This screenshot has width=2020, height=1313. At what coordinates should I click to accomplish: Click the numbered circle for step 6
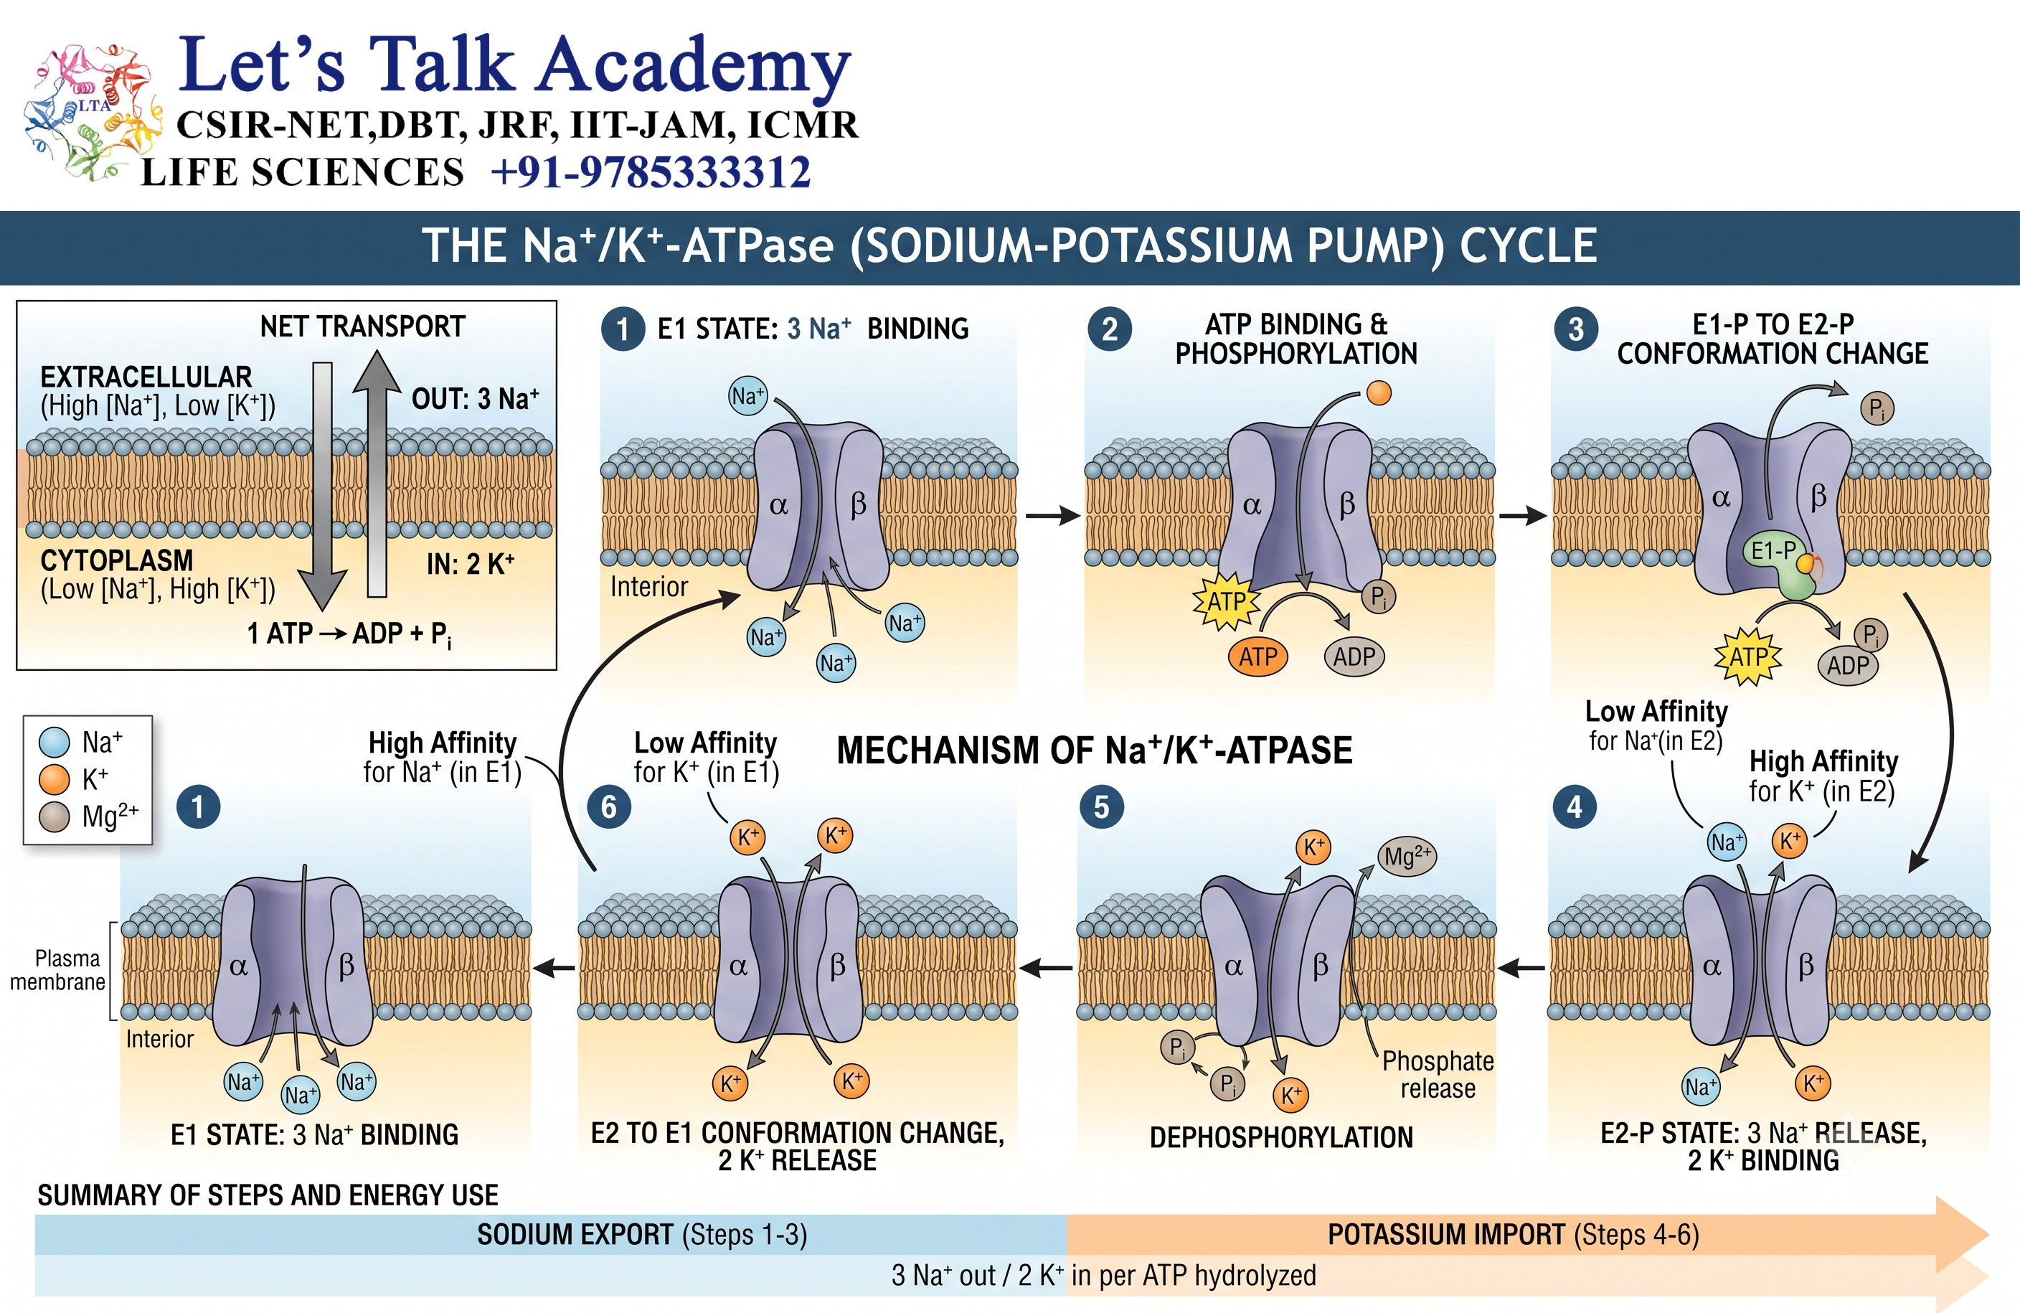608,806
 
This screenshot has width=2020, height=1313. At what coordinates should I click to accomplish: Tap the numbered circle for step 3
1575,329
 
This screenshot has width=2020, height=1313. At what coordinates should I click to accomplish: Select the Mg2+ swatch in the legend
55,816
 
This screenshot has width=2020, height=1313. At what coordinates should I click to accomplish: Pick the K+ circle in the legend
55,778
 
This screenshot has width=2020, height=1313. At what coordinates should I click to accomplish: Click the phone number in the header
651,172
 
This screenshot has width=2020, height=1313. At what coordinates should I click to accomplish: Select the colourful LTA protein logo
92,111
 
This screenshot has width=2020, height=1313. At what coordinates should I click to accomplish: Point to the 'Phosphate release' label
1438,1075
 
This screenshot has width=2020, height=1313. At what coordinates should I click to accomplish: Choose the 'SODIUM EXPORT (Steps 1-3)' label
641,1234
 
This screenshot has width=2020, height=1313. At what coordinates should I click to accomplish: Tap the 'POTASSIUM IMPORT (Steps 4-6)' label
1514,1234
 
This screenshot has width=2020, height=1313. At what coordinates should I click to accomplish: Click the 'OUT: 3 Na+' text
476,399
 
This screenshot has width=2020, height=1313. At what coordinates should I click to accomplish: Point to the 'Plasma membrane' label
57,970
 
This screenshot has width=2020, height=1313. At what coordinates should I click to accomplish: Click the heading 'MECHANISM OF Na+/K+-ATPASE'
1094,750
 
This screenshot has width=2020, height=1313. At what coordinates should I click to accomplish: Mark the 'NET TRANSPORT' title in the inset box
362,326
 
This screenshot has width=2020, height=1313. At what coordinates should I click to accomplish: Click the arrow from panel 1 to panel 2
1052,515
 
